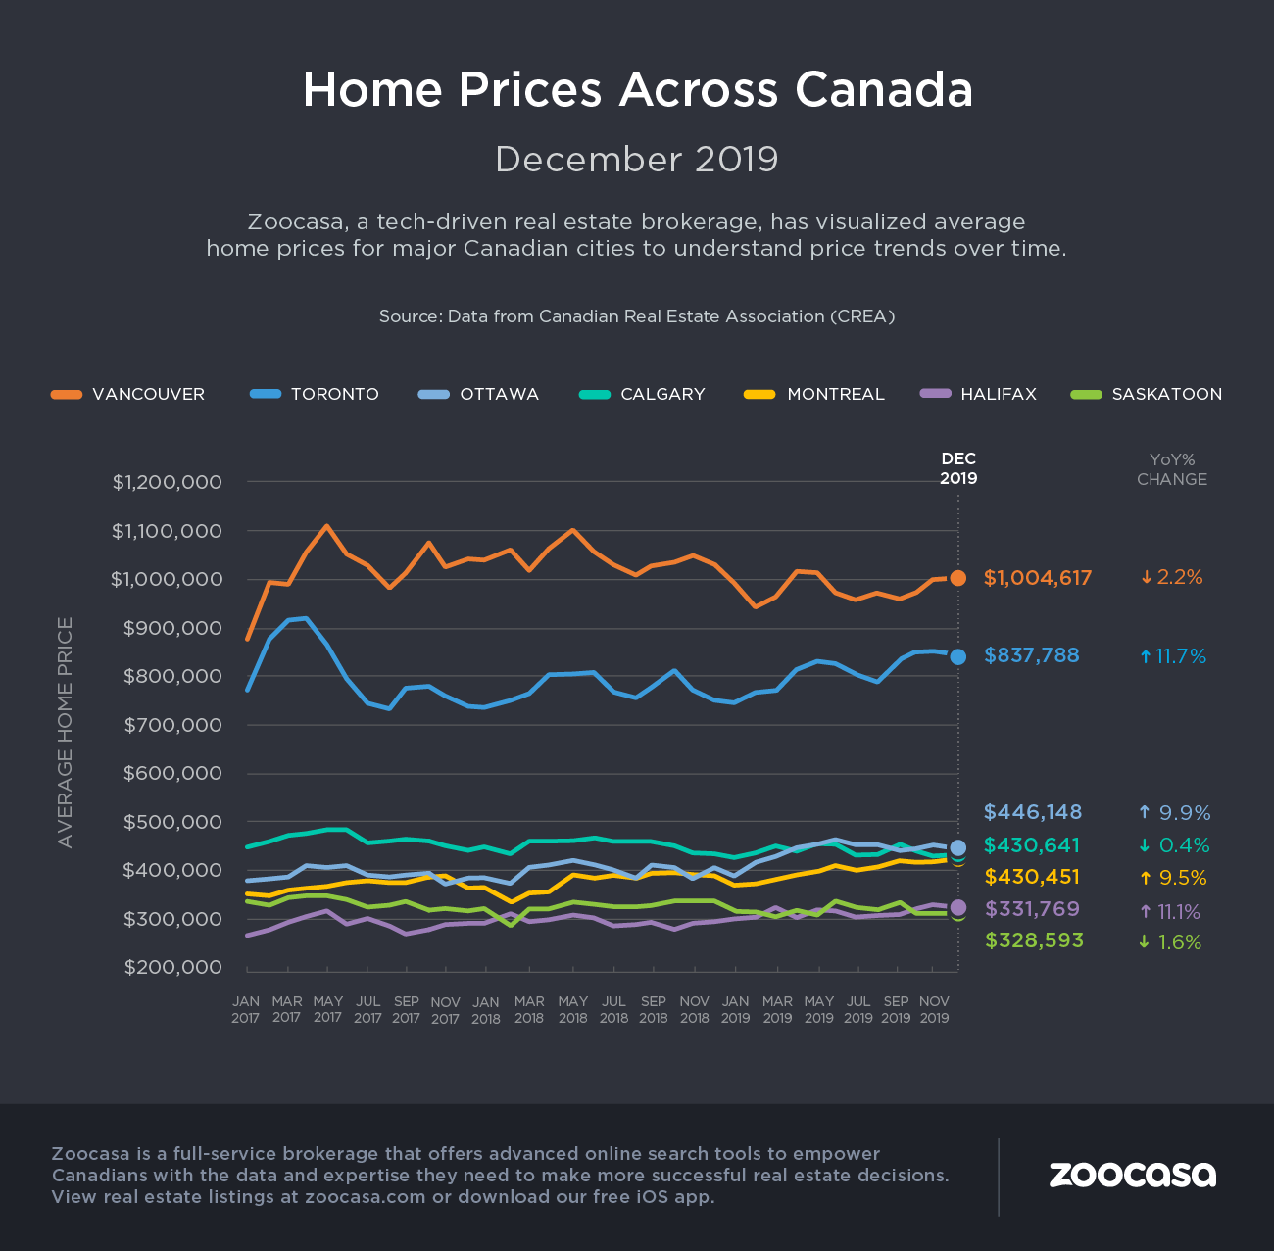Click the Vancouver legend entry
click(128, 394)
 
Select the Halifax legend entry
click(979, 394)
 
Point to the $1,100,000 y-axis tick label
click(180, 531)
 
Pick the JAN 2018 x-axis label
click(486, 1010)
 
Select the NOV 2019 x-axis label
click(934, 1009)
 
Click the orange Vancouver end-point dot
click(958, 578)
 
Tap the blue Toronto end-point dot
click(958, 656)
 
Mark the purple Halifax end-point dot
click(958, 907)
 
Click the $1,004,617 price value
click(1038, 578)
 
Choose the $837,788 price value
click(1031, 655)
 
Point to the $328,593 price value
click(1034, 940)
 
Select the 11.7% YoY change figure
click(1173, 656)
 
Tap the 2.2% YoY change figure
click(1172, 578)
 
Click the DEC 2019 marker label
click(958, 468)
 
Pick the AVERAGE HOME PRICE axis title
click(66, 732)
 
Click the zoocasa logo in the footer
click(1132, 1174)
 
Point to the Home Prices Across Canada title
click(637, 89)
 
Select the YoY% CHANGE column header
click(1171, 469)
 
